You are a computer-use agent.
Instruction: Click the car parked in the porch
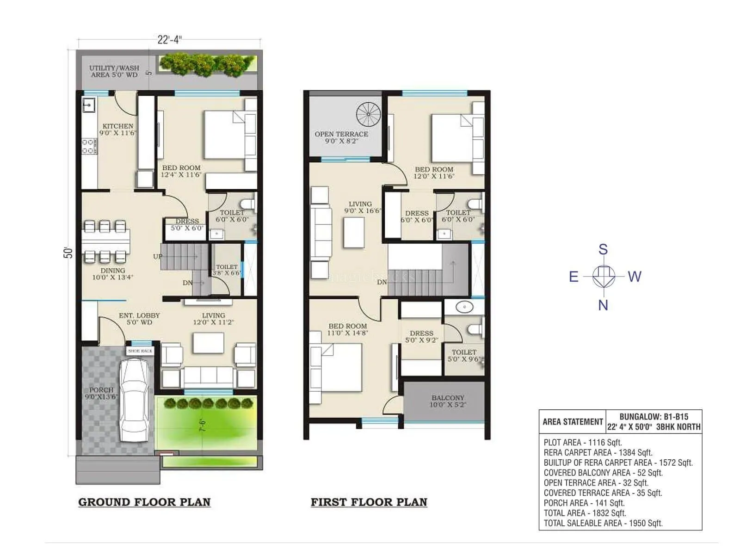coord(134,400)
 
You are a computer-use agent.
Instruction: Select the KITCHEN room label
coord(117,126)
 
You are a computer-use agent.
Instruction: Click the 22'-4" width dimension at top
coord(169,40)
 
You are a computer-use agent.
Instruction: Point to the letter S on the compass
coord(603,250)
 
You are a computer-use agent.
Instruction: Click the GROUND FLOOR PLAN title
coord(144,502)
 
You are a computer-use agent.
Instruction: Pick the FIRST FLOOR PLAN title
coord(369,502)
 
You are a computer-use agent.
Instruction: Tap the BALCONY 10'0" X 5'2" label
coord(448,401)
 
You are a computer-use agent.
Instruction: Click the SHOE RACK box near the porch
coord(140,351)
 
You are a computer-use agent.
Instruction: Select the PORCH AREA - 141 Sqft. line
coord(584,503)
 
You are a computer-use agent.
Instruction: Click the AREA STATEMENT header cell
coord(572,422)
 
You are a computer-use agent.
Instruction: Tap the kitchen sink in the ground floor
coord(88,105)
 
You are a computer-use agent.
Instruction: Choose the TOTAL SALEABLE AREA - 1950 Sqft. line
coord(603,523)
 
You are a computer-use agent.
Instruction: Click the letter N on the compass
coord(603,305)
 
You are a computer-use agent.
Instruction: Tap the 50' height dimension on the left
coord(68,253)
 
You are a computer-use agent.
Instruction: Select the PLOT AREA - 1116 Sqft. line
coord(582,443)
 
